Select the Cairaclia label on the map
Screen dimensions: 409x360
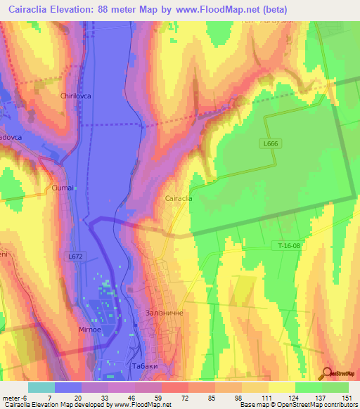[179, 199]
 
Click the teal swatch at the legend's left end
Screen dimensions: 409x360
[41, 387]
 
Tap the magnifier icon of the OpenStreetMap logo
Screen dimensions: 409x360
[326, 374]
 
